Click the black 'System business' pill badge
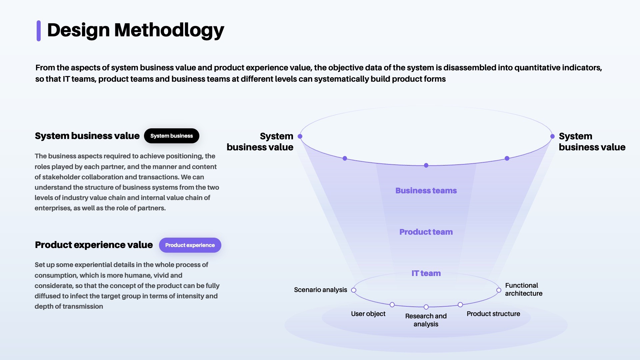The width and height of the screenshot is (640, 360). click(171, 136)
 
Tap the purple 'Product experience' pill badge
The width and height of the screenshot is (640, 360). click(190, 245)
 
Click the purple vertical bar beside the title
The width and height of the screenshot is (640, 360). click(39, 31)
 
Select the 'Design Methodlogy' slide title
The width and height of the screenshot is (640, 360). click(135, 30)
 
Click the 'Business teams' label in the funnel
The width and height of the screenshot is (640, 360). click(426, 191)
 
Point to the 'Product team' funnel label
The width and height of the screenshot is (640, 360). click(426, 232)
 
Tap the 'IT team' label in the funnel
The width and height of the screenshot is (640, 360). click(426, 273)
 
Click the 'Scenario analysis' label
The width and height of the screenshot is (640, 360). click(320, 290)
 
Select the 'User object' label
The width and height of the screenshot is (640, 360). click(368, 314)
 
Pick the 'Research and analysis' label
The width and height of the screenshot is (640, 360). click(426, 320)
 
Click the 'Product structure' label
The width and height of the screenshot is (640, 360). click(493, 314)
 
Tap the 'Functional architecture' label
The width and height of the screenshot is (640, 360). click(523, 289)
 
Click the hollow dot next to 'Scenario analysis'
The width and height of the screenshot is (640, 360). click(354, 290)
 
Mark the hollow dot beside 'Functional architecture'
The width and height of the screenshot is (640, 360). click(499, 290)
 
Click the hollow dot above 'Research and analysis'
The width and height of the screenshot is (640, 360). click(426, 307)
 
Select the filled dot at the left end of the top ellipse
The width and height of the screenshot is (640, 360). click(300, 136)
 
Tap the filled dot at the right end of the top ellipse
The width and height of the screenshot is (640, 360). click(552, 136)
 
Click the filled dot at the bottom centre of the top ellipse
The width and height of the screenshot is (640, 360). click(426, 165)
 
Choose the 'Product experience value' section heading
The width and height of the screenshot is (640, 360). click(94, 245)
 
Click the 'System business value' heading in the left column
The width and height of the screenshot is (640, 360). click(87, 136)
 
